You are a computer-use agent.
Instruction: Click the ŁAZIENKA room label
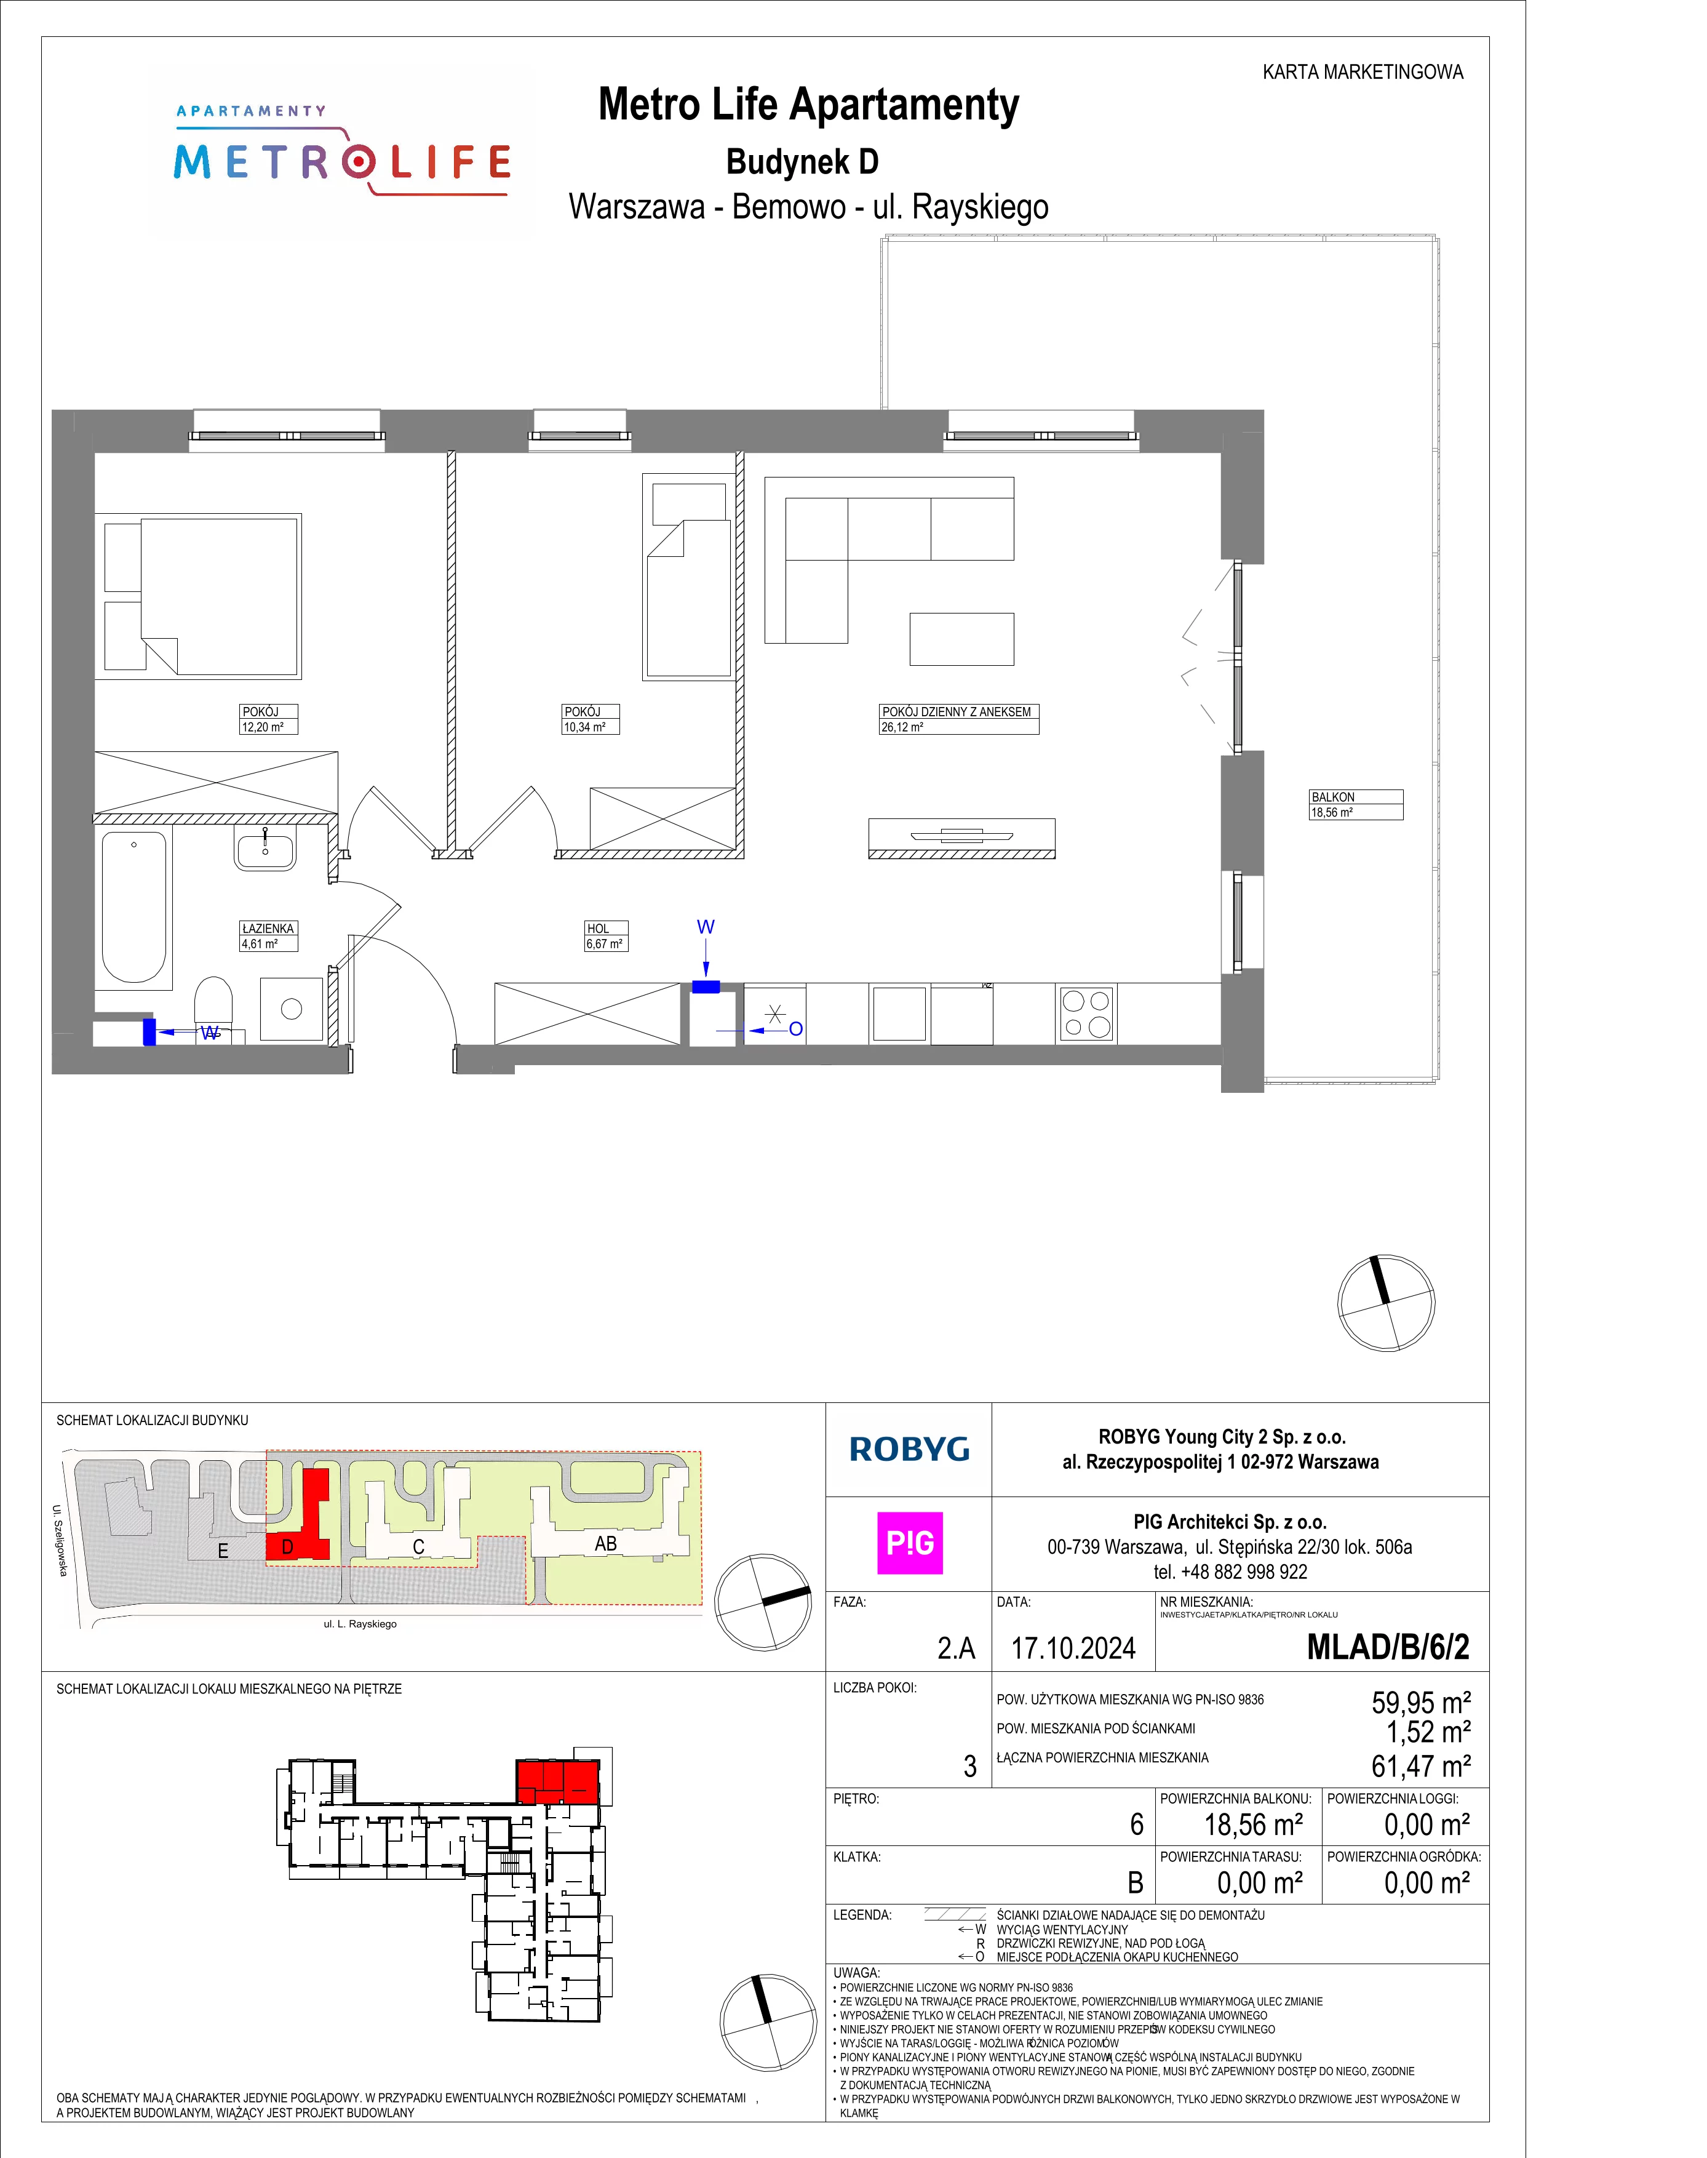[268, 935]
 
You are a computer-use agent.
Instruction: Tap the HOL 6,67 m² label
[606, 935]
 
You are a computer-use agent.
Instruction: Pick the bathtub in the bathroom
[134, 906]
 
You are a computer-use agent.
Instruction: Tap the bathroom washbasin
[265, 847]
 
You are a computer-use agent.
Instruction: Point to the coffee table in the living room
[961, 639]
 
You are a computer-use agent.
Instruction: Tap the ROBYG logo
[909, 1449]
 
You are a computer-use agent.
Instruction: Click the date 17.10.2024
[1073, 1648]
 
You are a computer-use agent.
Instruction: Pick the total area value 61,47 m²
[1420, 1766]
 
